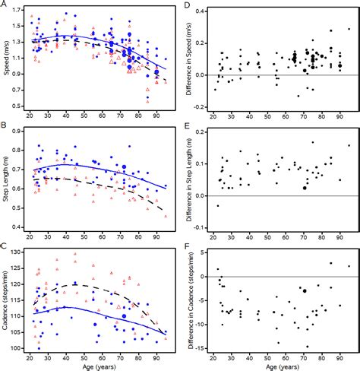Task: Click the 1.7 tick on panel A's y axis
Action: click(x=16, y=10)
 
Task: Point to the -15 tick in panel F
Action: click(x=198, y=348)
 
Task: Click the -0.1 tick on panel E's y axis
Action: click(x=198, y=227)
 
